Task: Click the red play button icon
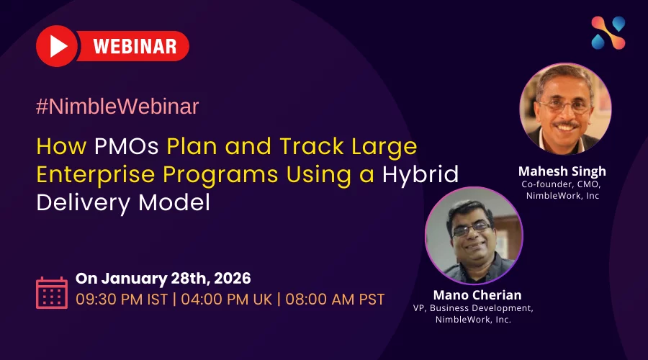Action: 57,46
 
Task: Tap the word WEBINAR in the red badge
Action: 135,46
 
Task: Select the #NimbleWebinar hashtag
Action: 117,107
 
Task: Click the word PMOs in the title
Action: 127,146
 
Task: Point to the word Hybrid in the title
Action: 420,174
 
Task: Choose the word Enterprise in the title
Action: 96,175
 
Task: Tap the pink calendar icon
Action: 52,292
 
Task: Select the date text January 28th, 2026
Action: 176,279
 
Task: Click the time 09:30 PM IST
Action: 122,300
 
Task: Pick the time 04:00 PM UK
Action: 227,300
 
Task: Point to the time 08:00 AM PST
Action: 335,300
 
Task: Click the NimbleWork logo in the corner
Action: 608,33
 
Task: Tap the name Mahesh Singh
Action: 562,171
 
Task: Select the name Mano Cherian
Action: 477,295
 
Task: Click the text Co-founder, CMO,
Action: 561,184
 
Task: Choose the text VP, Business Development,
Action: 473,308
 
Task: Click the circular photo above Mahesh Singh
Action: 565,109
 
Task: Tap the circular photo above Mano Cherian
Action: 474,235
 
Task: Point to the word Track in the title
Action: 312,146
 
